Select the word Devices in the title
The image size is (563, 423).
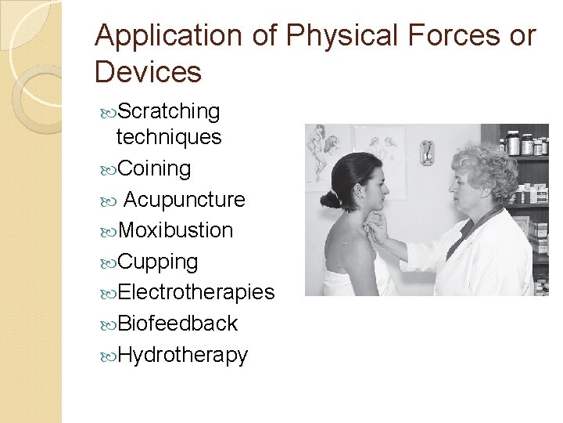point(148,72)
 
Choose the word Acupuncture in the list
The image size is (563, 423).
point(184,200)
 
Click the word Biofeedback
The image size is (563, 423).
point(178,324)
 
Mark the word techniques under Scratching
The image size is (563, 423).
point(168,138)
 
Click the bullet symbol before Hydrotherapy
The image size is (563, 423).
point(109,356)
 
